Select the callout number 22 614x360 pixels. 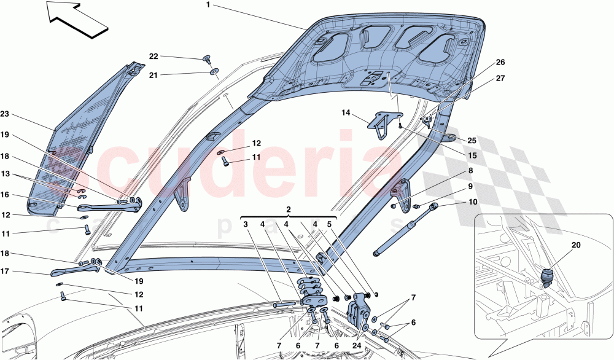153,57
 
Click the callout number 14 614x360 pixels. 346,113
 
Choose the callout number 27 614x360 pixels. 501,78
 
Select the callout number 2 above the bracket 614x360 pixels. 289,209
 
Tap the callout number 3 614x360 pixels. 244,224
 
